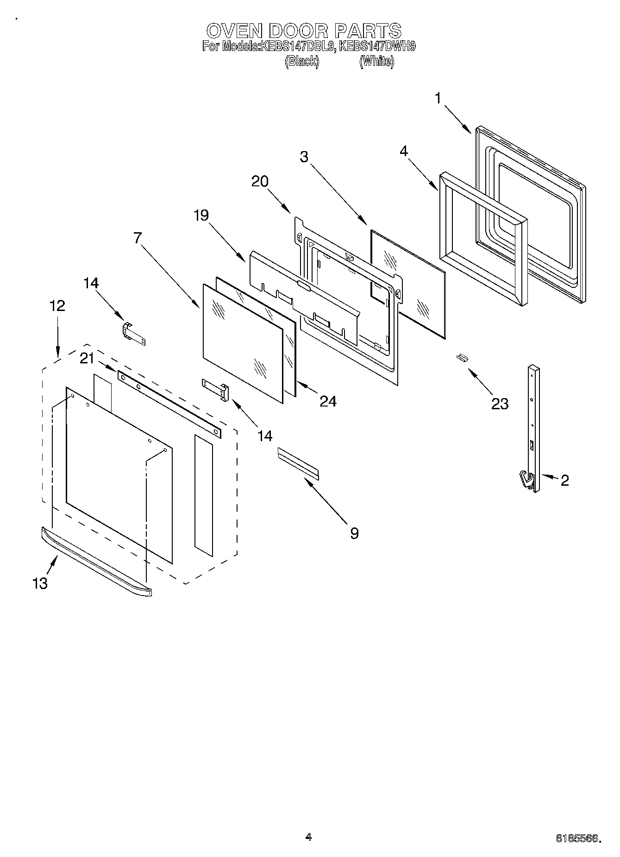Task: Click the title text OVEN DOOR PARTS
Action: [303, 31]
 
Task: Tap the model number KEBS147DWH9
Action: [377, 46]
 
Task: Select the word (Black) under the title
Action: [302, 61]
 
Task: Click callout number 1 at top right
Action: [438, 98]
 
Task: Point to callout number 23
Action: [500, 404]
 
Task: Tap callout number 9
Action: [354, 533]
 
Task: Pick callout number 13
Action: [40, 583]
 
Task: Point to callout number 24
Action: [328, 401]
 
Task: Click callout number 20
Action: [260, 181]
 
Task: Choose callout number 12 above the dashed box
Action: [57, 305]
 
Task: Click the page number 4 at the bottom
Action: [308, 837]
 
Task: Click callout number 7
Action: [137, 238]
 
